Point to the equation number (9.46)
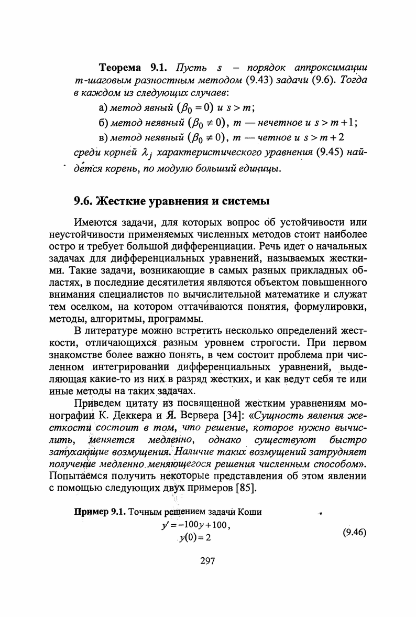[354, 533]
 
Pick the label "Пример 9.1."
[100, 513]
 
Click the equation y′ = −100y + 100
[196, 525]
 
